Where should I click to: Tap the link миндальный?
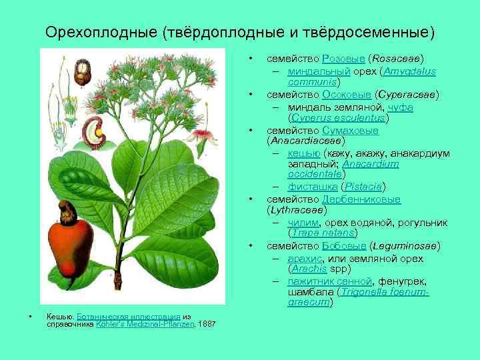coord(313,71)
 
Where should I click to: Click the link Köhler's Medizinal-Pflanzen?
coord(145,324)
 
